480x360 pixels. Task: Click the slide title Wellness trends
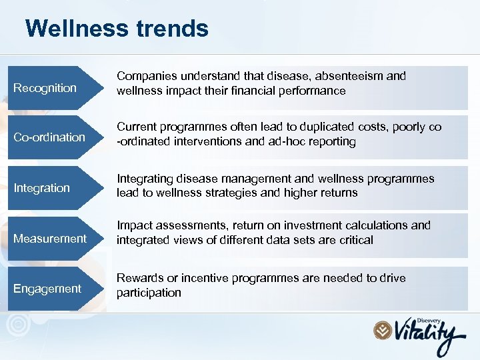coord(117,28)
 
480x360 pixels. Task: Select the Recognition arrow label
coord(45,88)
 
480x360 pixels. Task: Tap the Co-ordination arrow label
coord(49,137)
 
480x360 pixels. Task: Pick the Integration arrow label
coord(42,188)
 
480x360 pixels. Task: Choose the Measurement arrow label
coord(50,238)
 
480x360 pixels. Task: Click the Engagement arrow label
coord(47,288)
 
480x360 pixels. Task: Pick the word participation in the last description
coord(149,293)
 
